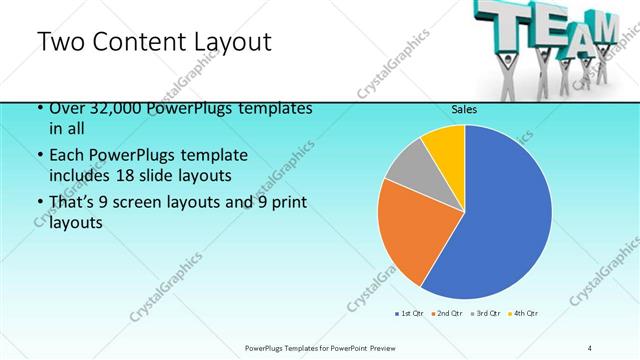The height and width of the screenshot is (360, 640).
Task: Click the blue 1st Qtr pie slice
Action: click(500, 220)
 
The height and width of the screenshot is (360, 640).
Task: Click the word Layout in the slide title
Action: click(225, 42)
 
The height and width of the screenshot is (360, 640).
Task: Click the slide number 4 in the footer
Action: click(590, 347)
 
